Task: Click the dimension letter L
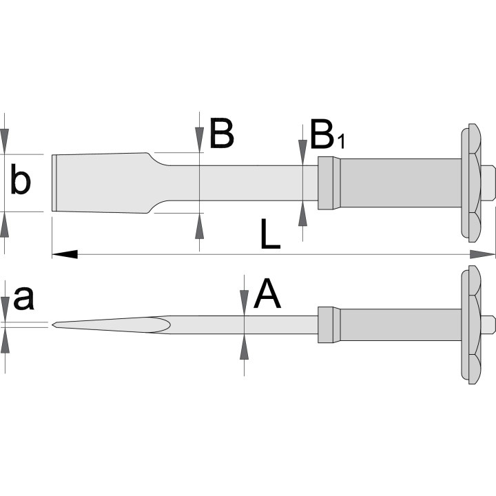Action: pos(271,234)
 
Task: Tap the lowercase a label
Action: pos(23,298)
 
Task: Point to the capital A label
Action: pos(267,293)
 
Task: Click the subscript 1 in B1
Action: pos(341,142)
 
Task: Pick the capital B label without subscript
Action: pos(221,133)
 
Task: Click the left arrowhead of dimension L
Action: pos(65,254)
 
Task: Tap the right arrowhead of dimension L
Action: pos(482,254)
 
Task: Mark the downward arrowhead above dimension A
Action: pos(244,302)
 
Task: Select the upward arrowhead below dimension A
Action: pos(244,347)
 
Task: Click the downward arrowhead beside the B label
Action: pos(199,140)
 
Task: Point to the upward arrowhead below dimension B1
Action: pos(302,213)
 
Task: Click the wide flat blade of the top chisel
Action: pos(101,183)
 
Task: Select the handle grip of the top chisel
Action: pos(400,183)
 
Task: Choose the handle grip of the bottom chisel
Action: pos(400,325)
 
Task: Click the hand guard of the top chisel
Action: pos(471,183)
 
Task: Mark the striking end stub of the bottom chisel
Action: pos(488,324)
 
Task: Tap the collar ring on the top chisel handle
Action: pos(329,183)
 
